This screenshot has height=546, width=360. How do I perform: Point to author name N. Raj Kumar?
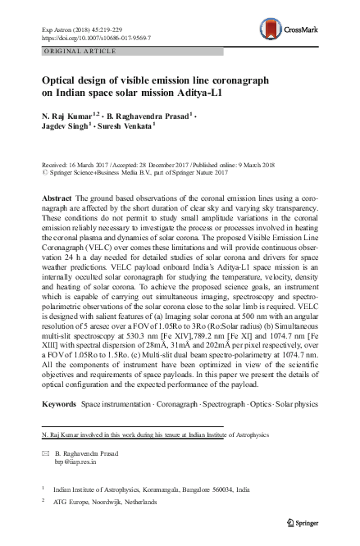(68, 117)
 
